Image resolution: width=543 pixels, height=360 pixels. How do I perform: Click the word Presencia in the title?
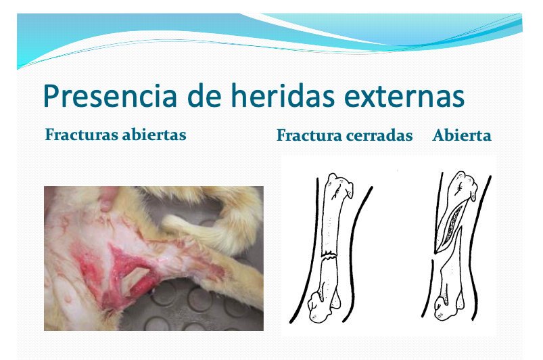(110, 96)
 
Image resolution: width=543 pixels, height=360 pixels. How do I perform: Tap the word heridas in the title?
(283, 95)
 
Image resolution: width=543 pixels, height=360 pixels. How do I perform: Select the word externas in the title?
(404, 97)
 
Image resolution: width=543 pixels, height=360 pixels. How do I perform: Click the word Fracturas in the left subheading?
(81, 135)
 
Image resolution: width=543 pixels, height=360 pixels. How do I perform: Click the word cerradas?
(379, 135)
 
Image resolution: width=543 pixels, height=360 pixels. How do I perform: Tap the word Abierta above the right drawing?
(462, 135)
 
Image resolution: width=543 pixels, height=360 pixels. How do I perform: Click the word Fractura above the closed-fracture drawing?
(309, 135)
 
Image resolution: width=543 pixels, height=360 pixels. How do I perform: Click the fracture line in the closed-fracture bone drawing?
(329, 256)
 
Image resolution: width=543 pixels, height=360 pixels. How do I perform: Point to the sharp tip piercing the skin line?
(435, 251)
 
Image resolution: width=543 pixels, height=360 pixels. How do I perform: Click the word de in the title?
(204, 95)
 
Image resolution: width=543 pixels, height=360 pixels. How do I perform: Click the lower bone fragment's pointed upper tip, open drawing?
(461, 228)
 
